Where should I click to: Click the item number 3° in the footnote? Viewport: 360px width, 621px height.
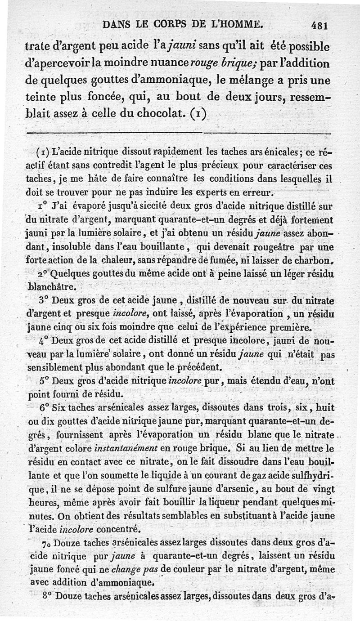coord(45,299)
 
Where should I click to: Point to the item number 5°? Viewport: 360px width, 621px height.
coord(44,380)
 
